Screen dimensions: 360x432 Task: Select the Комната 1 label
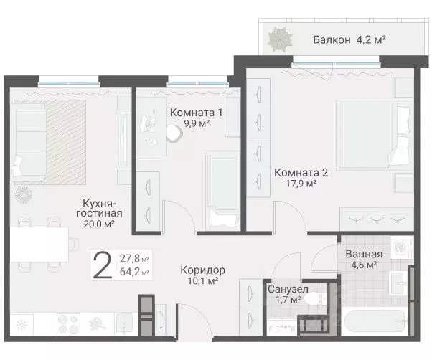click(197, 113)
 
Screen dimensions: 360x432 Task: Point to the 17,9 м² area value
click(301, 184)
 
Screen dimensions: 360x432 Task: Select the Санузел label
click(288, 289)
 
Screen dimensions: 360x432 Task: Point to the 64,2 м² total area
click(134, 273)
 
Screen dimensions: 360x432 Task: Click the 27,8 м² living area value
click(134, 259)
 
